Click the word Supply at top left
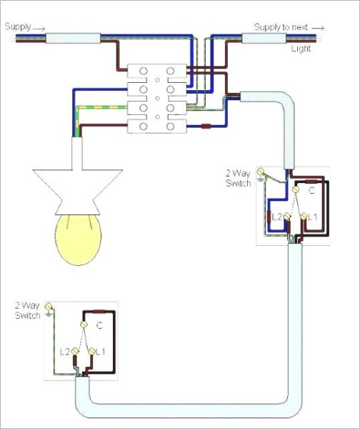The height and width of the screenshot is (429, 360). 18,27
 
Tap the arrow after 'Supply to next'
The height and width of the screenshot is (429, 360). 318,28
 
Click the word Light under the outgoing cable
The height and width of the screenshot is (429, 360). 301,49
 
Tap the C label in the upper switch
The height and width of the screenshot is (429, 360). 311,190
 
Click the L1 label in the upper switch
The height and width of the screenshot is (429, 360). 313,217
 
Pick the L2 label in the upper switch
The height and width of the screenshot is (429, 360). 276,217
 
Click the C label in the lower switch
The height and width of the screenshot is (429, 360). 99,325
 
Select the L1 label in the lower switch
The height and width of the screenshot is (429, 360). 100,352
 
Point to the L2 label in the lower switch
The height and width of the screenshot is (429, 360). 65,352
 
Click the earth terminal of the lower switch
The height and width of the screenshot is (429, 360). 49,306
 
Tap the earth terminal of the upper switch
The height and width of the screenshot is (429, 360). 261,172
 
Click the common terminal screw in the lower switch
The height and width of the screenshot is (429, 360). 84,325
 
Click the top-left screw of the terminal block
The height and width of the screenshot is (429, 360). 144,71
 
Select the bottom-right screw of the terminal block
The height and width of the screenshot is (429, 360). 170,127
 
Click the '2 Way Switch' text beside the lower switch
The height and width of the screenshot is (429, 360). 27,310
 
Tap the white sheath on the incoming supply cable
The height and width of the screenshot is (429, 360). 73,38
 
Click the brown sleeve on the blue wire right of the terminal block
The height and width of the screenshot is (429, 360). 206,126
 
